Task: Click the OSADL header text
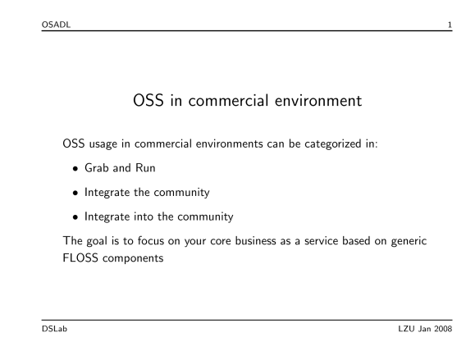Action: pyautogui.click(x=56, y=25)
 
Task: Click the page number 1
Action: pyautogui.click(x=450, y=25)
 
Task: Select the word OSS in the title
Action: pyautogui.click(x=148, y=100)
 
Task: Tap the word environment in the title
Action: pyautogui.click(x=318, y=100)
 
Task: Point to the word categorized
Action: pyautogui.click(x=333, y=144)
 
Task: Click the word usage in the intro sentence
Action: pyautogui.click(x=103, y=144)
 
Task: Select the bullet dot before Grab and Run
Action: pyautogui.click(x=75, y=169)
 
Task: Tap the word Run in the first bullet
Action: pyautogui.click(x=145, y=168)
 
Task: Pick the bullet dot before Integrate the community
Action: pyautogui.click(x=75, y=194)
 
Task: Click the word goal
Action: pyautogui.click(x=97, y=241)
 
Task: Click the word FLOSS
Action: pyautogui.click(x=80, y=257)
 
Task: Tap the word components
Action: pyautogui.click(x=133, y=258)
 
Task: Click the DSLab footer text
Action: pyautogui.click(x=54, y=329)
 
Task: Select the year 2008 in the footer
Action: pyautogui.click(x=443, y=329)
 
